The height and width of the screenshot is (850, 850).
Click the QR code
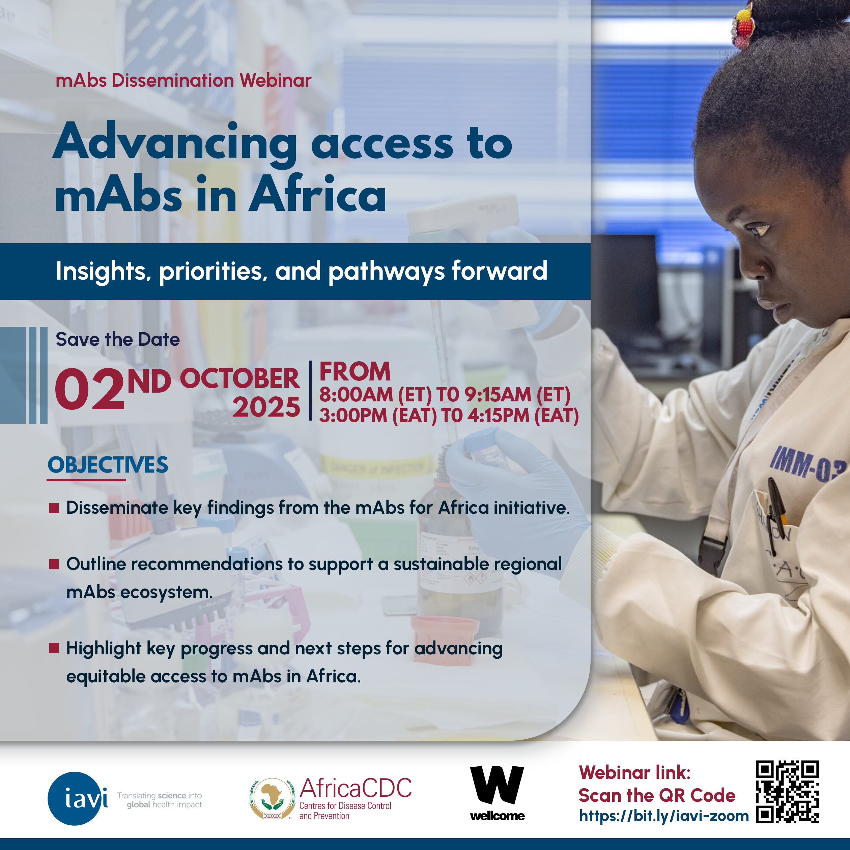tap(787, 792)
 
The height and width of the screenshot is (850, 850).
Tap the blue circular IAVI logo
tap(78, 798)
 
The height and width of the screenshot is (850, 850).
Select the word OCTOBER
tap(239, 378)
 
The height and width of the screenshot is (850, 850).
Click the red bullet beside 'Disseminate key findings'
tap(54, 508)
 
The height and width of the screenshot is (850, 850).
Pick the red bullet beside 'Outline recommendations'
tap(54, 564)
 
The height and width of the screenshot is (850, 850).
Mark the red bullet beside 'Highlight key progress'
tap(54, 648)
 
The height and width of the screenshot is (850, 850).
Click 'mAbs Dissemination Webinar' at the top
tap(183, 81)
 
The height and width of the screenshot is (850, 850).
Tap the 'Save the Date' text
tap(117, 340)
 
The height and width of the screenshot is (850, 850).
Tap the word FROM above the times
tap(355, 372)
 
